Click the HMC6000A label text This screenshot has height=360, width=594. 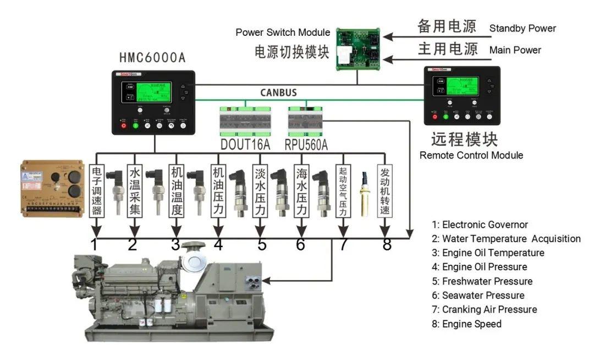coord(152,58)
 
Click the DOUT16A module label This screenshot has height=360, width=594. coord(245,144)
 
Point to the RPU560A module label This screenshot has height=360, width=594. coord(306,144)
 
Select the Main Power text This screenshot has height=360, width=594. coord(515,50)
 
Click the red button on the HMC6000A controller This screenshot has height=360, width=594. coord(123,126)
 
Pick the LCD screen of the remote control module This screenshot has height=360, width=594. coord(462,86)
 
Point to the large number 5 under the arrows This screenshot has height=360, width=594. coord(261,244)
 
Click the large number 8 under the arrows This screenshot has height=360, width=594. coord(387,244)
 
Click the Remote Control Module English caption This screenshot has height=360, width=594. coord(471,155)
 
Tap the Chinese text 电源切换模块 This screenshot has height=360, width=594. coord(291,52)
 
